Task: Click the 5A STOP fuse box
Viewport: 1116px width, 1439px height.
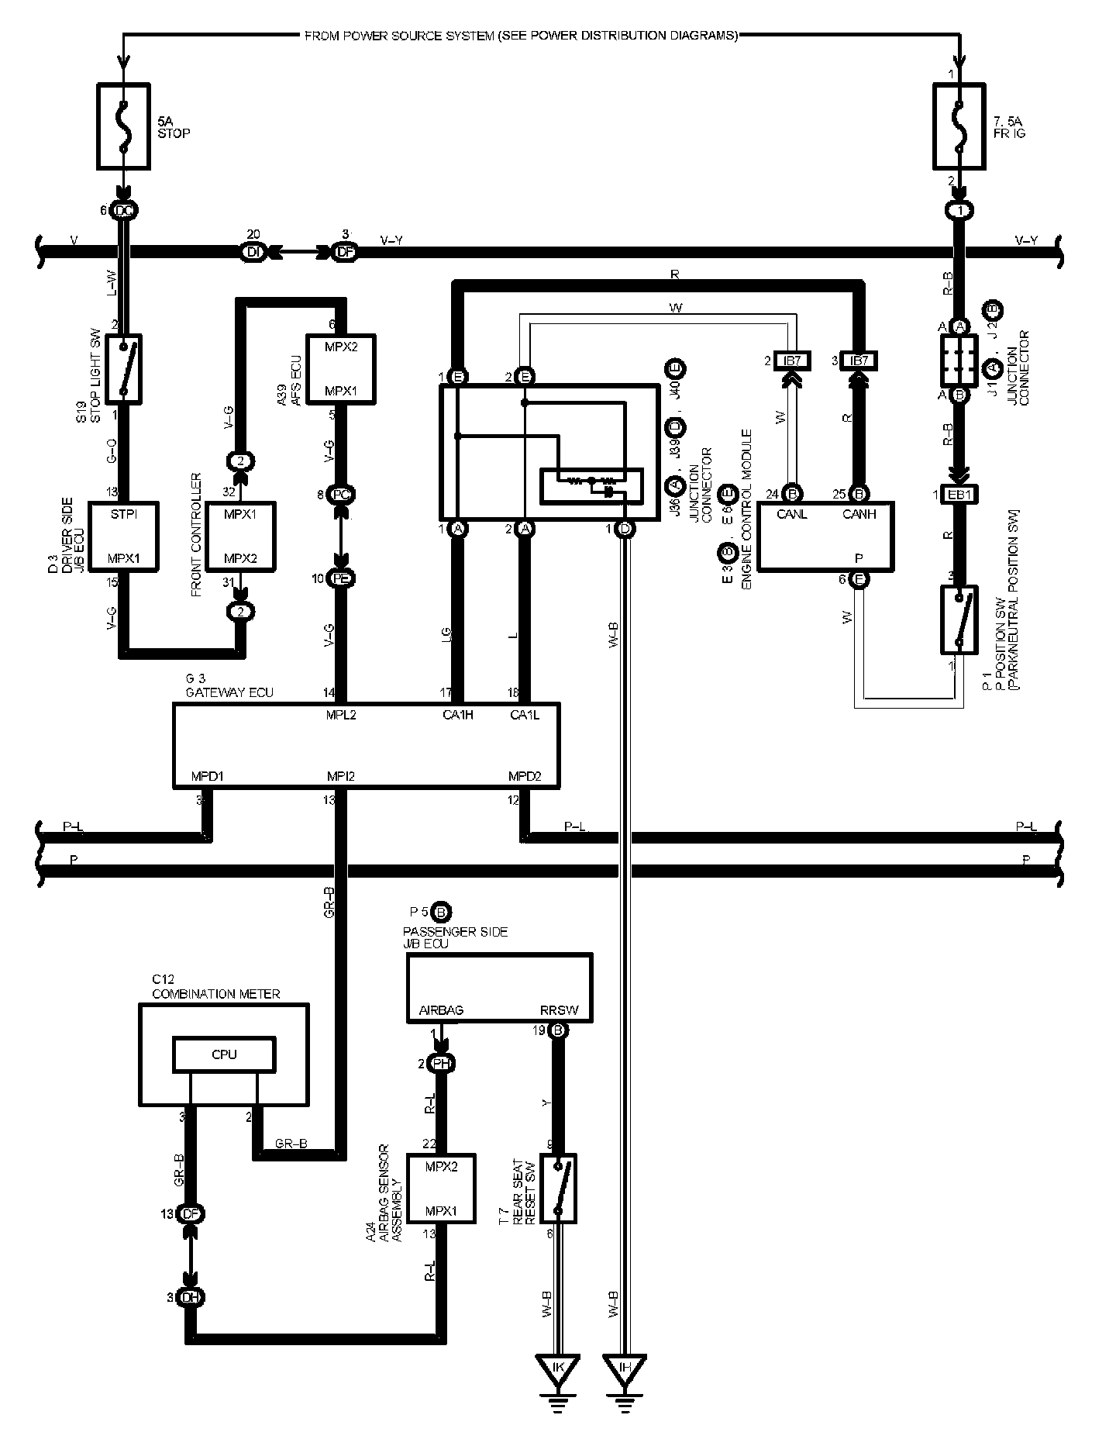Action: click(123, 126)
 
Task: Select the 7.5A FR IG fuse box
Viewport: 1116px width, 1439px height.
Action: click(960, 126)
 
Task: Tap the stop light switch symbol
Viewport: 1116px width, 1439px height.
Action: click(123, 368)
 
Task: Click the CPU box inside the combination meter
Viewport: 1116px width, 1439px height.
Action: click(224, 1054)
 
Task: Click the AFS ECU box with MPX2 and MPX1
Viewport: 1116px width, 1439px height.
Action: click(342, 368)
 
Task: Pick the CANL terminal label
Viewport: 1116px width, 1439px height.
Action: click(793, 513)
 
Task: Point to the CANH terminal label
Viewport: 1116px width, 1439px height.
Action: click(858, 513)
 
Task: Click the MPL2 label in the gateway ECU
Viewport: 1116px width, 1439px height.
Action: click(341, 714)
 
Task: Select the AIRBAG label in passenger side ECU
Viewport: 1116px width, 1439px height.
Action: click(440, 1011)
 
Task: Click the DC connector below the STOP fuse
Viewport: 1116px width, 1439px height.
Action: click(123, 211)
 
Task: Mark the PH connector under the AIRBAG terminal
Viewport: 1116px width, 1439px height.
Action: click(441, 1063)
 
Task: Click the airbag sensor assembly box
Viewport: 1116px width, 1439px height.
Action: click(441, 1189)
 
